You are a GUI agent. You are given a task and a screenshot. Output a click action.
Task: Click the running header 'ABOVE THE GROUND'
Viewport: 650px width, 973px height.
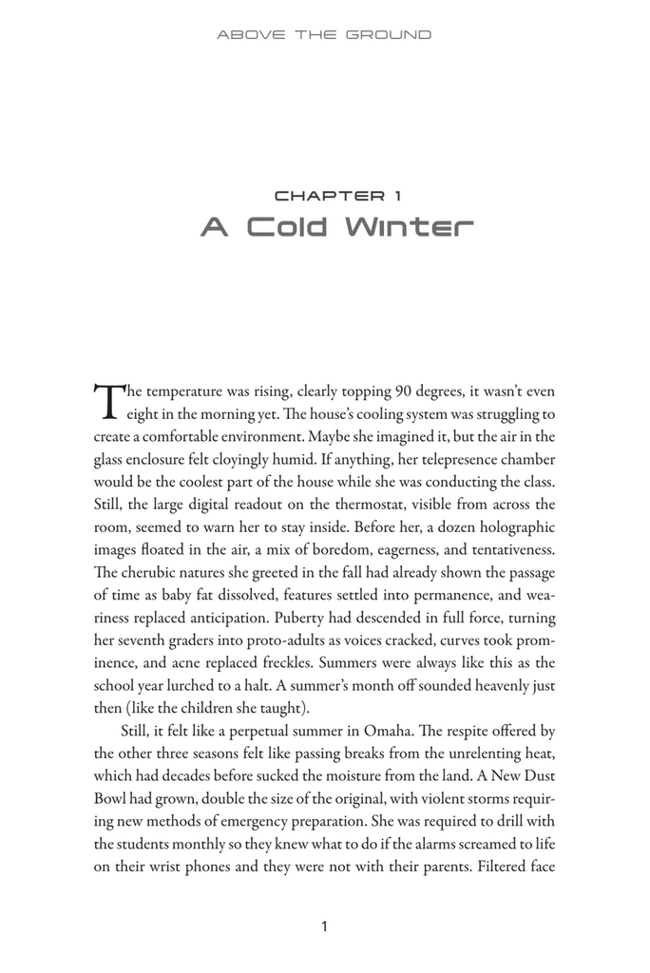click(324, 35)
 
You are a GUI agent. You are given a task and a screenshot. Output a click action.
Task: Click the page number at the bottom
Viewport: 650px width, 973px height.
click(325, 926)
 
